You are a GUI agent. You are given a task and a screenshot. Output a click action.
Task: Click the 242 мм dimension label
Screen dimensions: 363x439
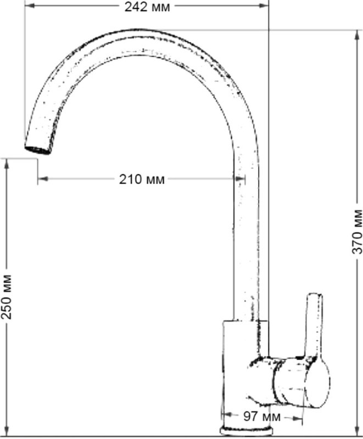pos(147,7)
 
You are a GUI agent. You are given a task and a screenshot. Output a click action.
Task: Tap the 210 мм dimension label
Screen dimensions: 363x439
pos(142,179)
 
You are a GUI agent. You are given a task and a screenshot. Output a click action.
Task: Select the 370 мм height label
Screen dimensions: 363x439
pos(357,231)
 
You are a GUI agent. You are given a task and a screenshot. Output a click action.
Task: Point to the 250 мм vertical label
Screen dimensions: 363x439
pos(7,297)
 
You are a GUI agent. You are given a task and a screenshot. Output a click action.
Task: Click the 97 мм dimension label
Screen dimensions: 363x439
pos(261,417)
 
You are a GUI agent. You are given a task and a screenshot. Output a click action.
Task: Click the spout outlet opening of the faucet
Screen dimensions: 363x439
pos(38,150)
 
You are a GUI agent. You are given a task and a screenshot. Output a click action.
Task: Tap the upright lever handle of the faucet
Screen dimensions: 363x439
pos(315,325)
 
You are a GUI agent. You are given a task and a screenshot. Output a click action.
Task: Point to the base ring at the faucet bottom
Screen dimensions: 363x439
pos(246,431)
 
